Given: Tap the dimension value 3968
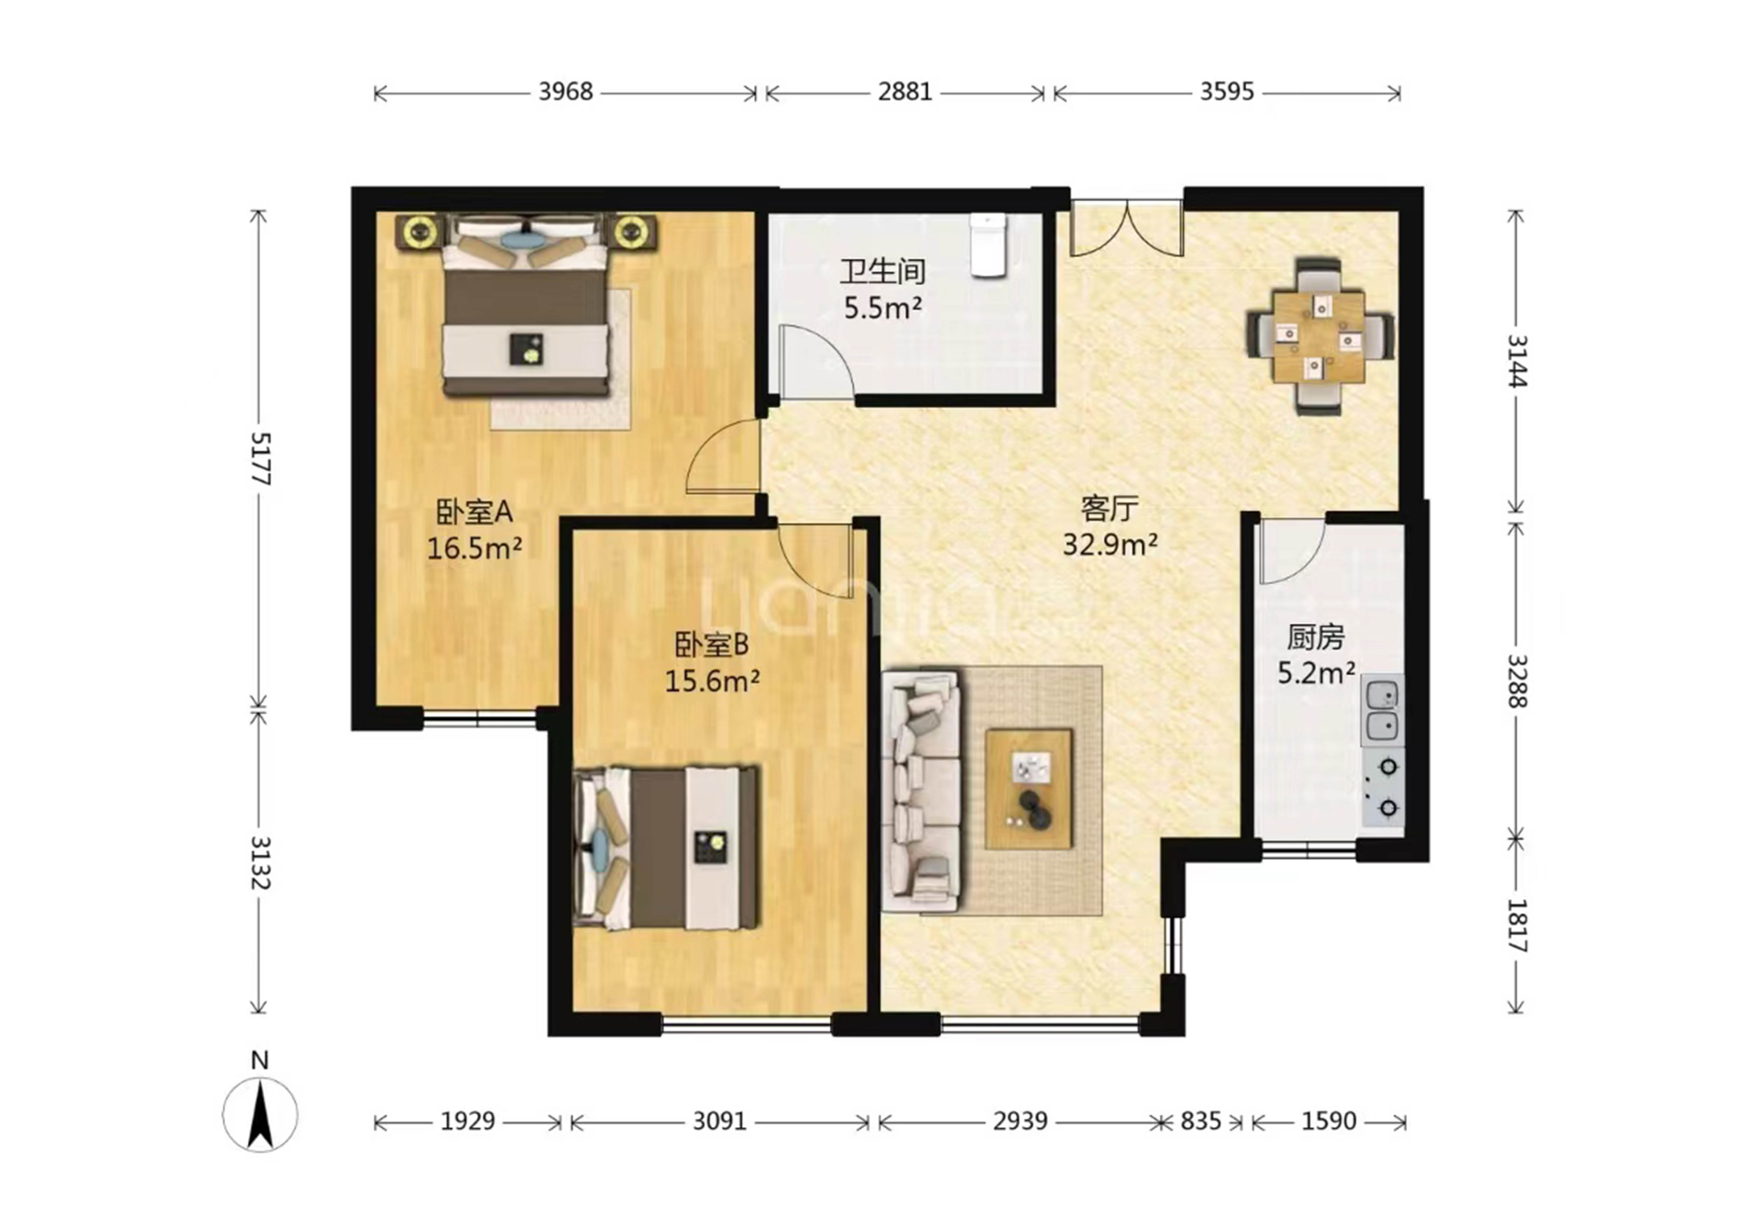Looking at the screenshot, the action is [x=566, y=92].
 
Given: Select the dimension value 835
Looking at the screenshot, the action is [x=1201, y=1121].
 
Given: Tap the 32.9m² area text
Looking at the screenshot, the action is [x=1110, y=544].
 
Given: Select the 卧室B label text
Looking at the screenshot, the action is [x=712, y=645].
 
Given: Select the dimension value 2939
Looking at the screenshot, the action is [x=1020, y=1121].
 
